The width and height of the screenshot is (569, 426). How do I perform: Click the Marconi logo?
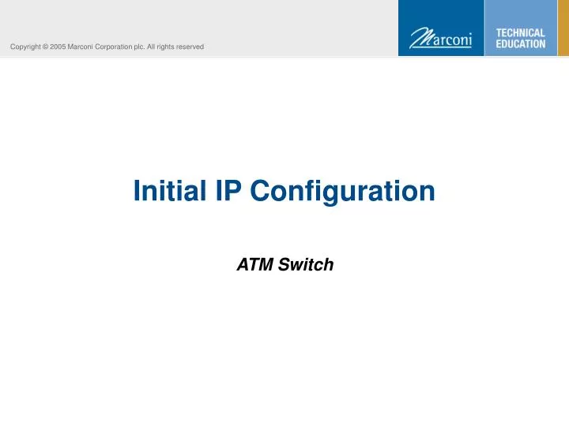tap(440, 38)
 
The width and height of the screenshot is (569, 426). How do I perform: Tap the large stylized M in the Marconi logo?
tap(419, 38)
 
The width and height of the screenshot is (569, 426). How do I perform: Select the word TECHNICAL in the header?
tap(520, 33)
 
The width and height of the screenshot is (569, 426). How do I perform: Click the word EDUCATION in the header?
tap(520, 44)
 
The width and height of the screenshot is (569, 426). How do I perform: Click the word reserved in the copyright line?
tap(190, 47)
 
